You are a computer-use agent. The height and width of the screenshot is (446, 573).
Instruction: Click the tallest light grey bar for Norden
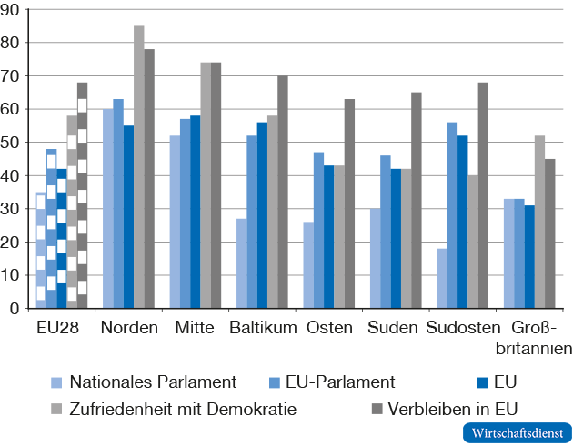[139, 167]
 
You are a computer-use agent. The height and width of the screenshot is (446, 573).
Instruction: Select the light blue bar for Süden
[376, 258]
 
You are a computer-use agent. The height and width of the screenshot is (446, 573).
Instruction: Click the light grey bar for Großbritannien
[539, 222]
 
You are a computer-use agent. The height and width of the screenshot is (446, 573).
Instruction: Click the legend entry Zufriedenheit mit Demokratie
[182, 409]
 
